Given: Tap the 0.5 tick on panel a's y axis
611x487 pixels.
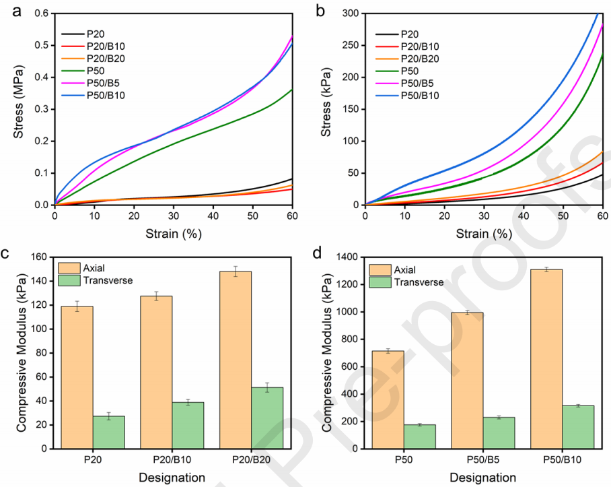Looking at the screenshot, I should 41,45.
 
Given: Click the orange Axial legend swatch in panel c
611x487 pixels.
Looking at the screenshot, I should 69,269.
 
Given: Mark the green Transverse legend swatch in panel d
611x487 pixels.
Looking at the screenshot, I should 380,282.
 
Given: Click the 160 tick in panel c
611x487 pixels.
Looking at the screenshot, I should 42,257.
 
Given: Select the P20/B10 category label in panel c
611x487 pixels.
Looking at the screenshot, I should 172,459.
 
